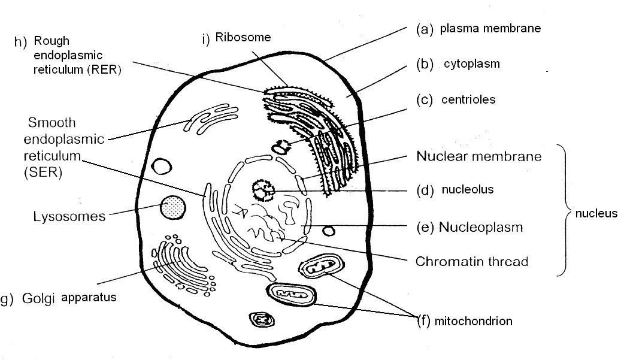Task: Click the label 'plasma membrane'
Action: (490, 28)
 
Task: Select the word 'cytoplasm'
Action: (471, 63)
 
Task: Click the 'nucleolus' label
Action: (467, 190)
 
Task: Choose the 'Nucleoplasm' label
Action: (480, 228)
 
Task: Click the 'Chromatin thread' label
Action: (472, 262)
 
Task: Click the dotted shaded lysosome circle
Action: (172, 207)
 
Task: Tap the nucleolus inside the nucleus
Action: (262, 191)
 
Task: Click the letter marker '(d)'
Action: (424, 191)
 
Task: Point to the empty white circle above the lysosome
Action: (161, 166)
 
